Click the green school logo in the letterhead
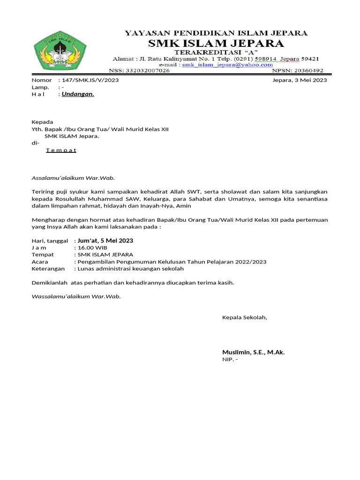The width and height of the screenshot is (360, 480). point(53,51)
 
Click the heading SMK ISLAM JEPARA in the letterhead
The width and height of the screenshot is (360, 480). point(215,44)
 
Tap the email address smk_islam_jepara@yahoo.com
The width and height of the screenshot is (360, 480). point(227,65)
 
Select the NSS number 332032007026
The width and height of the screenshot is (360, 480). point(146,70)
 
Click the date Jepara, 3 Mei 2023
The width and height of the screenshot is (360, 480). point(300,80)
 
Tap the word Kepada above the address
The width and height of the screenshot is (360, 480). point(42,122)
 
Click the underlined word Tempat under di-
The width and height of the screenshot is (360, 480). point(61,150)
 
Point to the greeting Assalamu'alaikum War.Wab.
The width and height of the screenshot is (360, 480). point(73,178)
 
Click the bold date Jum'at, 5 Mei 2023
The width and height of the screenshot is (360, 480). point(105,240)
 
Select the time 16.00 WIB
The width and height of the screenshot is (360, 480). point(92,247)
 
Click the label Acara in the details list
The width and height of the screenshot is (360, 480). point(40,262)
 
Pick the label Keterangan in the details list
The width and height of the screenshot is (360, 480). point(47,269)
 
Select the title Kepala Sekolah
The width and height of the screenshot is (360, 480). point(244,318)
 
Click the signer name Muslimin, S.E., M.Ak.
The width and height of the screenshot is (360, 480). point(253,352)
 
